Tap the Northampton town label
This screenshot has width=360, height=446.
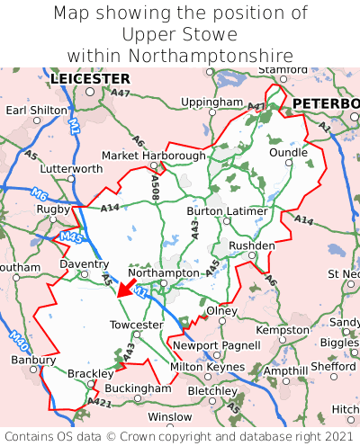tap(163, 272)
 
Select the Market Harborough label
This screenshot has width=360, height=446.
tap(153, 156)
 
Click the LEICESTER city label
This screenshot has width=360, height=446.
tap(90, 79)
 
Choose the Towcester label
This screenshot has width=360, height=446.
tap(136, 325)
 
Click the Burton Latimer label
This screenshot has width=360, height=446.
tap(227, 211)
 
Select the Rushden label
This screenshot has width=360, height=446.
tap(252, 245)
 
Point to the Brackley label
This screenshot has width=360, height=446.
tap(90, 374)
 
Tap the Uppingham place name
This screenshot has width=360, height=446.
tap(211, 103)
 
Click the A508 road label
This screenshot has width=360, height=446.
tap(155, 187)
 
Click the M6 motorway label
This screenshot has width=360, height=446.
tap(39, 193)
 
